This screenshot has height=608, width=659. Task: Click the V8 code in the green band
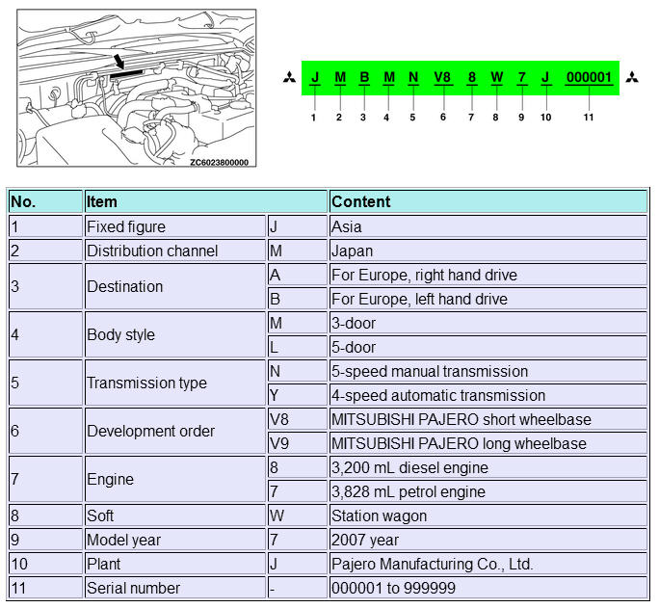[442, 77]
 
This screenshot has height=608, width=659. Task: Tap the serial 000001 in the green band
[589, 77]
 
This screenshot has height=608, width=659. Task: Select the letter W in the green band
[496, 77]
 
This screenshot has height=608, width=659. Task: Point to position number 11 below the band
[589, 118]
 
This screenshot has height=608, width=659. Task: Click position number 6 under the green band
[442, 118]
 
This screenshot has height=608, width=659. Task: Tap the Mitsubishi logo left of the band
[288, 77]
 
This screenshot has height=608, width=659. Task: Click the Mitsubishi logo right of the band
[632, 77]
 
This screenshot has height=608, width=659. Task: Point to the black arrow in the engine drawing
[118, 63]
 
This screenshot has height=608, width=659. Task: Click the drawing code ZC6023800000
[219, 162]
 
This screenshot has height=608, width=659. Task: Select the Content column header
[361, 201]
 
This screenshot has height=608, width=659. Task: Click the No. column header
[23, 201]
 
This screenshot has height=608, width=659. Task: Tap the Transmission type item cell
[146, 383]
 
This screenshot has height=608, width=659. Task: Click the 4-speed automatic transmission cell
[438, 395]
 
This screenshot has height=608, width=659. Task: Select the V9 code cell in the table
[280, 443]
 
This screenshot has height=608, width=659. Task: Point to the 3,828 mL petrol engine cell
[422, 491]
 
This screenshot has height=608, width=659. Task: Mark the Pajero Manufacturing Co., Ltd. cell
[432, 564]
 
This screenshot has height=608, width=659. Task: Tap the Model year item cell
[122, 540]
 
